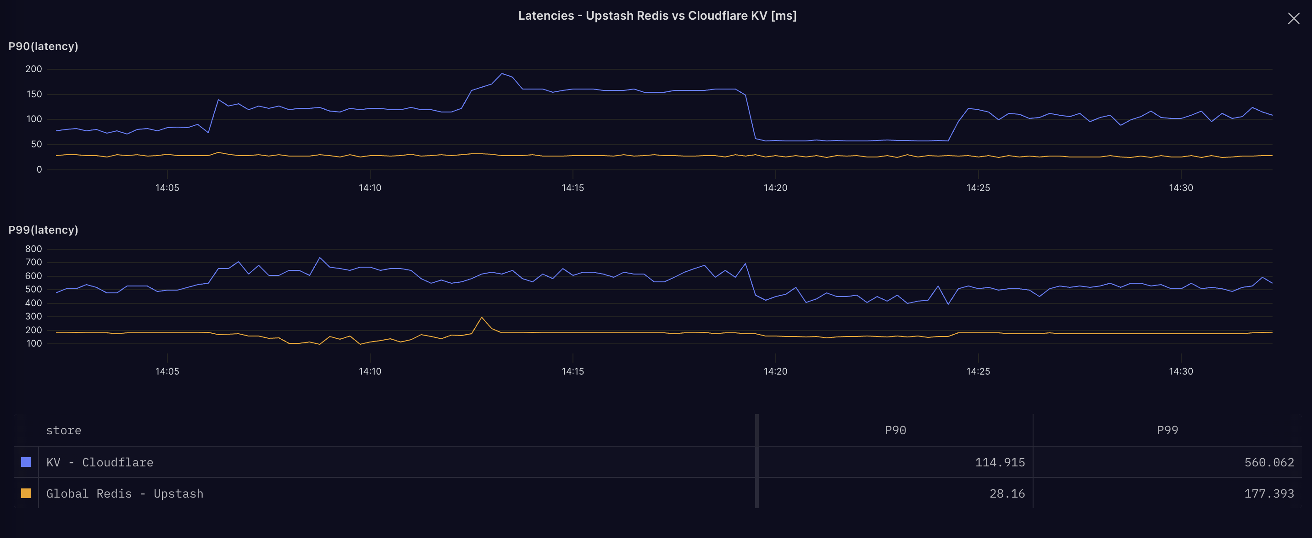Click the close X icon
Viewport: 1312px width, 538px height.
1293,19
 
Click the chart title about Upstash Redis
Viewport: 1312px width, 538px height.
657,16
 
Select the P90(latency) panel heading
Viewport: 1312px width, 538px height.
43,46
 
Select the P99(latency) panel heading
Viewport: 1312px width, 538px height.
43,230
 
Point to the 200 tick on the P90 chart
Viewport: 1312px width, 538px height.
33,69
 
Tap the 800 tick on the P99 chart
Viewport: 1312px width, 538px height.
33,249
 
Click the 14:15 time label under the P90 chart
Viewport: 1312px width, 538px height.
573,187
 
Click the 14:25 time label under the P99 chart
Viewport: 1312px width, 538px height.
978,371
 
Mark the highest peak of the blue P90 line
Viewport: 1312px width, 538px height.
502,73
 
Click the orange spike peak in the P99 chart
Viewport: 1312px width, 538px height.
481,317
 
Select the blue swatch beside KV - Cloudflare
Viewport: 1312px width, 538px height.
26,462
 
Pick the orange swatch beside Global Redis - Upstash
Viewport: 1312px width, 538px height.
26,493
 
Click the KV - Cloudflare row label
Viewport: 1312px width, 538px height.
100,463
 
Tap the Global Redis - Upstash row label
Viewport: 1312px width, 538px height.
125,493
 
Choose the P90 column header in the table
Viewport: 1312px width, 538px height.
895,431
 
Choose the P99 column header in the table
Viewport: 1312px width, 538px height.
1167,431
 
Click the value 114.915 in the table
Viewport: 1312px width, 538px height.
999,463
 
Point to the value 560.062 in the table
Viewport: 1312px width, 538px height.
1269,463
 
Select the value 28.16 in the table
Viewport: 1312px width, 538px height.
1006,493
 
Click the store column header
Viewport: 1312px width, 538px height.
64,431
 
